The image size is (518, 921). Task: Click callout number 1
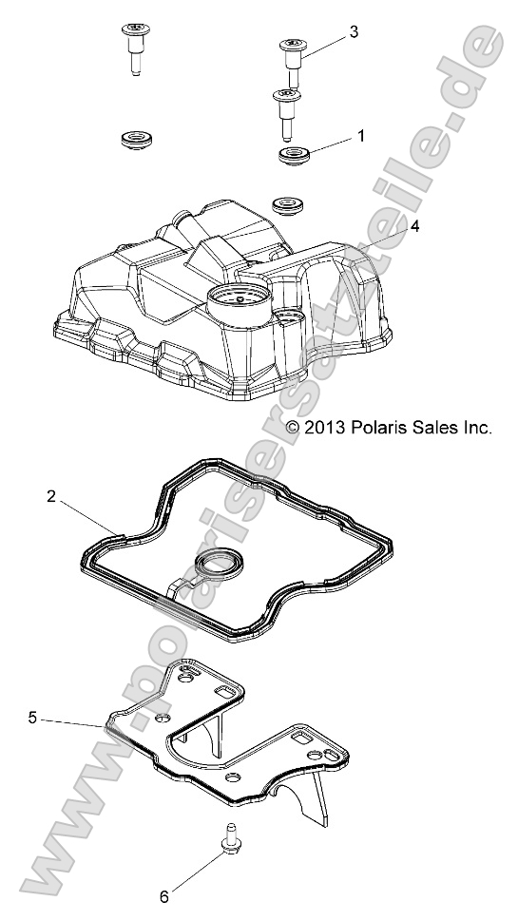(x=360, y=136)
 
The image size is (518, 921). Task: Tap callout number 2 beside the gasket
(x=53, y=495)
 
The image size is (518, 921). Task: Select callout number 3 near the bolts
(x=355, y=31)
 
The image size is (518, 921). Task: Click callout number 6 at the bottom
(x=163, y=894)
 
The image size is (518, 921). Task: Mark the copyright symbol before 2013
(x=294, y=428)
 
